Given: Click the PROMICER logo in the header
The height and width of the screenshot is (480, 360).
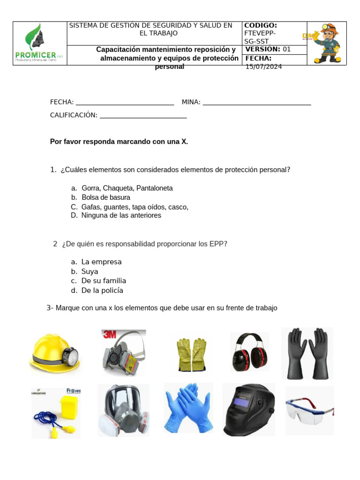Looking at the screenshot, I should [x=39, y=43].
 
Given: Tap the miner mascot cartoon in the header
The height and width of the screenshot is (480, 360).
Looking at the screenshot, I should [x=327, y=43].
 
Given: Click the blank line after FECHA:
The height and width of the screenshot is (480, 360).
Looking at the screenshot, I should [x=125, y=103].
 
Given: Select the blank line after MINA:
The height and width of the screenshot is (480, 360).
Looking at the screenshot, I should [x=257, y=103].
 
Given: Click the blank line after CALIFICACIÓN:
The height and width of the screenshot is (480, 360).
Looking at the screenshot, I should [x=143, y=115].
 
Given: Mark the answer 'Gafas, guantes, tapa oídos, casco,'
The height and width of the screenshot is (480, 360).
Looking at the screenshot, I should [x=135, y=207].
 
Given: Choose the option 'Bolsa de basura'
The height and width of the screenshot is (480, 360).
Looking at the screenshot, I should [x=105, y=197].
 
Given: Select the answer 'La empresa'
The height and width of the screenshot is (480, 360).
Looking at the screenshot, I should [x=101, y=262].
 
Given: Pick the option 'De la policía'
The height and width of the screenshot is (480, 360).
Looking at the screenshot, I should [x=102, y=291].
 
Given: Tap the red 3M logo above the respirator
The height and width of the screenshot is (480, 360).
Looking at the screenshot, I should [x=109, y=334].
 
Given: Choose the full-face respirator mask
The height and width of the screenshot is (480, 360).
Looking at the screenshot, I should [x=123, y=411].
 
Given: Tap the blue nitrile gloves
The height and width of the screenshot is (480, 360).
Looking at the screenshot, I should [x=188, y=408].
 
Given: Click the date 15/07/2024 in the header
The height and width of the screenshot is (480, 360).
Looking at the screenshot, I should [x=264, y=67].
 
